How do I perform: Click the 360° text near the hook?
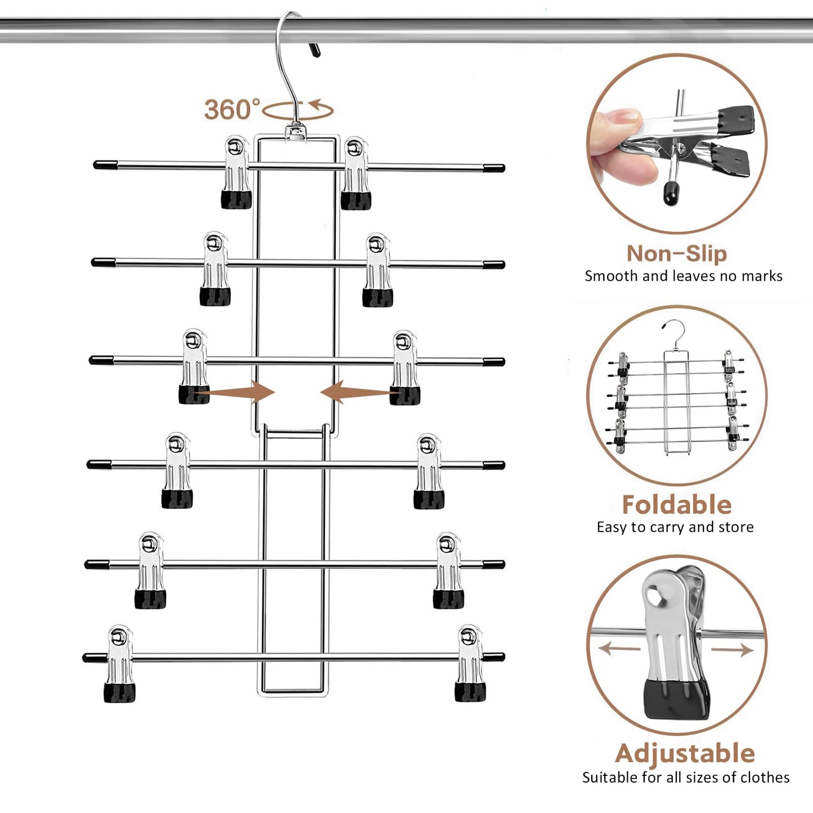pos(232,109)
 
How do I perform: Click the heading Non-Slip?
pos(676,253)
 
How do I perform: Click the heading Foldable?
pos(676,505)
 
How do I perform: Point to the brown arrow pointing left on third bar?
pos(354,392)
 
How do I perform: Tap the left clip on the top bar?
pos(236,172)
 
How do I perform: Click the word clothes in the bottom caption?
pos(765,778)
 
